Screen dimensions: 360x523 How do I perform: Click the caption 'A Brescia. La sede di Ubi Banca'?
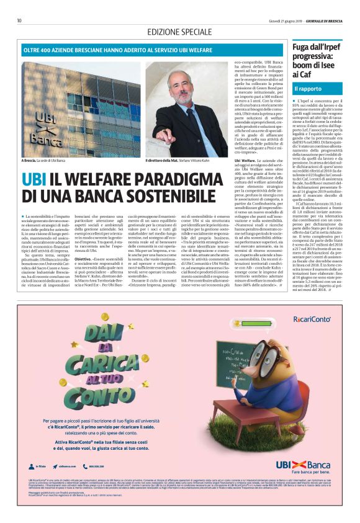47,161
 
